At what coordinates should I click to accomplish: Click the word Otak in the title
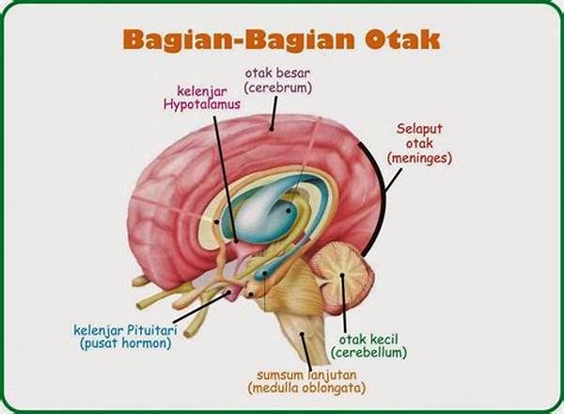point(402,40)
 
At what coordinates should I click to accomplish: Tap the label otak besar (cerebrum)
point(277,81)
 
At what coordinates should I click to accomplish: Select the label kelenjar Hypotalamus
point(202,98)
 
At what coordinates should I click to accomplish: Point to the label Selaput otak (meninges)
point(419,144)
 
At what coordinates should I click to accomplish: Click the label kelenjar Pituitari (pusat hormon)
point(126,337)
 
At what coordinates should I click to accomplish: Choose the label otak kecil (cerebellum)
point(368,346)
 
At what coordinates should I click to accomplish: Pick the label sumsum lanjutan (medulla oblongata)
point(306,382)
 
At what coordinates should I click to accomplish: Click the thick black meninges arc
point(378,198)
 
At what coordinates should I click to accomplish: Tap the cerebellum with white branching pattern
point(341,277)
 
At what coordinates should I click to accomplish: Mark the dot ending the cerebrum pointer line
point(272,129)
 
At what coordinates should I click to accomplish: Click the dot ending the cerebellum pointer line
point(342,276)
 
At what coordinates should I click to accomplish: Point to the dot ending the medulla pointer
point(302,334)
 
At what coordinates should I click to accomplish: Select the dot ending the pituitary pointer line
point(227,293)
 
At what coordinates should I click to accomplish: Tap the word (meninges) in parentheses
point(419,158)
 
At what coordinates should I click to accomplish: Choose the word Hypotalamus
point(202,104)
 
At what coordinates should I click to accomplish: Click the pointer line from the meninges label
point(393,179)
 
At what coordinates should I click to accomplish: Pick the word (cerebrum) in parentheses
point(277,88)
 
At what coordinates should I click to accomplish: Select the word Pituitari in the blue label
point(152,330)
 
